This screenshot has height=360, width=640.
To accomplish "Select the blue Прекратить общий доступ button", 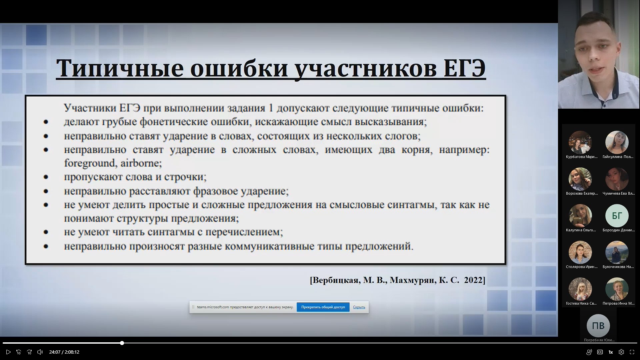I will [x=323, y=307].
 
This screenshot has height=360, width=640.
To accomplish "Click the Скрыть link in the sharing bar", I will [x=359, y=307].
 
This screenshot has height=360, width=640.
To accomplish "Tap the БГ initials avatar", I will [x=617, y=216].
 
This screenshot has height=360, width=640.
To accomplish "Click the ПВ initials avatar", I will [x=598, y=326].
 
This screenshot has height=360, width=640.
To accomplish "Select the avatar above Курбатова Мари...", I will [x=580, y=142].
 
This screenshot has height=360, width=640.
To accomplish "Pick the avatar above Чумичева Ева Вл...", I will [x=617, y=179].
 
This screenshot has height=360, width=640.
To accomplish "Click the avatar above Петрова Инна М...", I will [x=617, y=289].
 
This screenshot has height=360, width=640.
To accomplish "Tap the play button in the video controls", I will [x=8, y=352].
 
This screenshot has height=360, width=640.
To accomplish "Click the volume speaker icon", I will [x=40, y=352].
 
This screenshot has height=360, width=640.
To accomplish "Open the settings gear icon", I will [x=621, y=352].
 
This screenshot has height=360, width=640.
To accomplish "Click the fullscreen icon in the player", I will [x=632, y=352].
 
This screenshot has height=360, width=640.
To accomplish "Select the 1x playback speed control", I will [x=611, y=352].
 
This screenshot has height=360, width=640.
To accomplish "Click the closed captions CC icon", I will [x=600, y=352].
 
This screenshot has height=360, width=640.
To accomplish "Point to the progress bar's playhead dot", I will [x=122, y=343].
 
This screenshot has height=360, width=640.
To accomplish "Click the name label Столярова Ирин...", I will [x=582, y=267].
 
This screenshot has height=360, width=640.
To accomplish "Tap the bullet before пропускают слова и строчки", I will [x=46, y=177].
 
